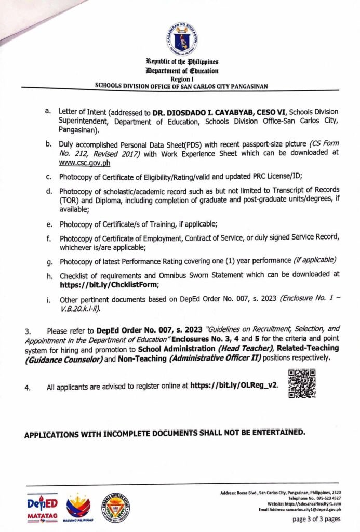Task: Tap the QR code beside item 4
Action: (x=301, y=383)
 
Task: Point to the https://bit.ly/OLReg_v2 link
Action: (x=234, y=387)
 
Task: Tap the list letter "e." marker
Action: (x=48, y=224)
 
